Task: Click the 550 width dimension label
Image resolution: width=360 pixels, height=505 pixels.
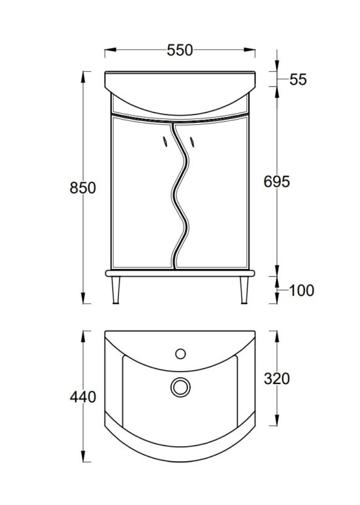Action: point(179,50)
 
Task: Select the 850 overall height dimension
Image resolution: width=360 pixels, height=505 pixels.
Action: point(83,188)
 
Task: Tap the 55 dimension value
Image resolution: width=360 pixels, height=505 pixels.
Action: point(298,80)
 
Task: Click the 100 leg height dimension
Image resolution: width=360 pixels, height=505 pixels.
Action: point(302,290)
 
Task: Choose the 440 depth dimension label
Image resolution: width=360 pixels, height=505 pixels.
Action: point(83,396)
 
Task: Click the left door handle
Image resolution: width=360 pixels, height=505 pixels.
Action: point(165,141)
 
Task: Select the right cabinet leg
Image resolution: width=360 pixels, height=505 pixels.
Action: point(243,289)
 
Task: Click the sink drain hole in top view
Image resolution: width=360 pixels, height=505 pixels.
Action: point(179,387)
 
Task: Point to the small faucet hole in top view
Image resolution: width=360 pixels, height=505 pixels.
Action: point(179,354)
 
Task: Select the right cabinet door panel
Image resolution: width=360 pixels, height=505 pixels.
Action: point(219,196)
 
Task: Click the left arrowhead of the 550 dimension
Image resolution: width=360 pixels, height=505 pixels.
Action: point(109,50)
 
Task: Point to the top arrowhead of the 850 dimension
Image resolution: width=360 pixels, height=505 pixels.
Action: point(83,75)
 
